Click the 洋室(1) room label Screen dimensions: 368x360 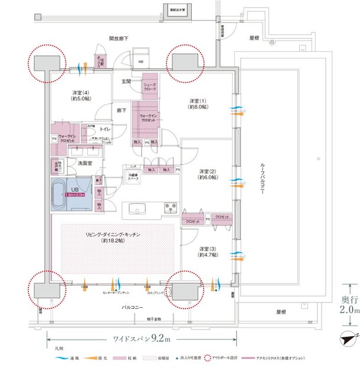pyautogui.click(x=197, y=103)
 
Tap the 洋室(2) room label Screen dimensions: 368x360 pyautogui.click(x=206, y=174)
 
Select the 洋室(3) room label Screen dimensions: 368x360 pyautogui.click(x=207, y=251)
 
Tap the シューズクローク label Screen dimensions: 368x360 pyautogui.click(x=150, y=87)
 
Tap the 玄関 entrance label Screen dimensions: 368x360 pyautogui.click(x=126, y=81)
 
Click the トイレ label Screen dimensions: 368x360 pyautogui.click(x=106, y=128)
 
